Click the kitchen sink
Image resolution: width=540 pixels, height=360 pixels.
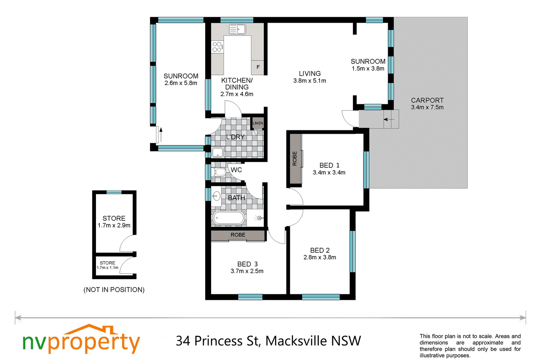(238, 29)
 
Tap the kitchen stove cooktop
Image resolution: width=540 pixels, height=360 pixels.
(217, 47)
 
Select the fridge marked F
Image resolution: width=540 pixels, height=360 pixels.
(258, 67)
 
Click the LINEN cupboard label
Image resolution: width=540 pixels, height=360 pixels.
(258, 123)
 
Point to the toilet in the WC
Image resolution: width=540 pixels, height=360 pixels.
(218, 172)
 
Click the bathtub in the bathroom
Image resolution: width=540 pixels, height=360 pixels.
(228, 218)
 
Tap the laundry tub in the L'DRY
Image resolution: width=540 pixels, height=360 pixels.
(218, 152)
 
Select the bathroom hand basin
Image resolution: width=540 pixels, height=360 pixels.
(216, 196)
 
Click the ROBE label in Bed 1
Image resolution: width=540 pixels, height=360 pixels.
(294, 159)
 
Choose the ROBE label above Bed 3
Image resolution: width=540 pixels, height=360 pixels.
(238, 235)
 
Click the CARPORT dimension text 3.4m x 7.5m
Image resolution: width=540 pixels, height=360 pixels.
(427, 108)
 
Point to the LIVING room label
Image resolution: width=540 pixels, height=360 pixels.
(310, 74)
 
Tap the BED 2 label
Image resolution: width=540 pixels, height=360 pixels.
(320, 250)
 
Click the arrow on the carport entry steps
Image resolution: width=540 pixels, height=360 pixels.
(389, 119)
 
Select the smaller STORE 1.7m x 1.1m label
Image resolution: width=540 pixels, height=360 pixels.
(108, 265)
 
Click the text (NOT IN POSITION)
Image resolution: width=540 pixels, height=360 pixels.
(114, 290)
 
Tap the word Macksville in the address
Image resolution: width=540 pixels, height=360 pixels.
(296, 341)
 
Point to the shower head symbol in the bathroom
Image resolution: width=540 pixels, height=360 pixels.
(259, 218)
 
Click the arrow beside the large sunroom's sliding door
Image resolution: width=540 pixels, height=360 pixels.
(161, 135)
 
